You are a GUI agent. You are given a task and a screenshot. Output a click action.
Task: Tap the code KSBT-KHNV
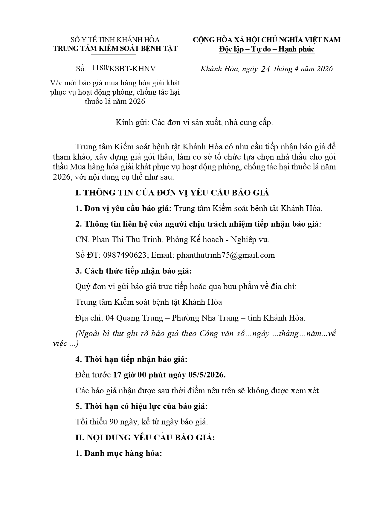pos(132,69)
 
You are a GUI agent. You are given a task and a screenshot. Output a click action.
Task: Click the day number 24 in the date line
pos(265,69)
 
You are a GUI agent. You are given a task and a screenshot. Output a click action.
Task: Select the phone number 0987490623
pos(125,255)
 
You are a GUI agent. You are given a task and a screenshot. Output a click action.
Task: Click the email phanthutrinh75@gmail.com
pos(226,255)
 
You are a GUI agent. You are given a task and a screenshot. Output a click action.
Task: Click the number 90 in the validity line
pos(114,422)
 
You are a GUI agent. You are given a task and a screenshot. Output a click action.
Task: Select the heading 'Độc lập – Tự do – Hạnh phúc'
pos(267,49)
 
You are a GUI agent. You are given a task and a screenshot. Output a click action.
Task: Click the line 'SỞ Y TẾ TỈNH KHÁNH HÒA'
pos(115,40)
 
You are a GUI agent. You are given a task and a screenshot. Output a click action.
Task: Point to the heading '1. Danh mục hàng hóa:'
pos(119,453)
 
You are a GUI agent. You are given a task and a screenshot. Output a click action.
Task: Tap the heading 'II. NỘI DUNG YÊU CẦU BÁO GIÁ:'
pos(145,438)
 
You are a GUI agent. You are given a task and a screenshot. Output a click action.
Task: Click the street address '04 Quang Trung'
pos(134,318)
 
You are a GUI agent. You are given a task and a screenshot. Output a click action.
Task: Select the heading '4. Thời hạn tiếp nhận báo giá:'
pos(131,359)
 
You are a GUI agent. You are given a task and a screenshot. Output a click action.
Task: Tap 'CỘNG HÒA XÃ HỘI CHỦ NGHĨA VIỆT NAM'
pos(266,40)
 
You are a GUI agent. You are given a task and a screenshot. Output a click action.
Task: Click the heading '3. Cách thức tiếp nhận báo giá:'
pos(133,271)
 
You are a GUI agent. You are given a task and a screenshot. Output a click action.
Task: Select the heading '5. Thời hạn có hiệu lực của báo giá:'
pos(141,406)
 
